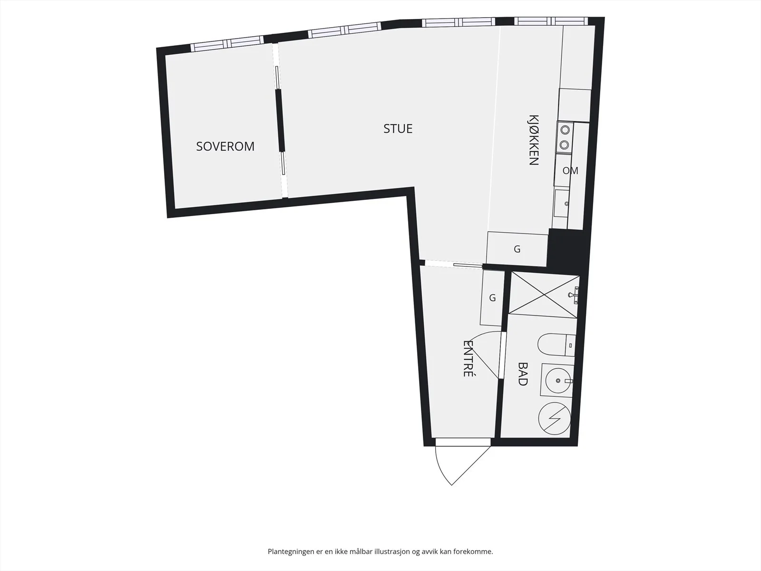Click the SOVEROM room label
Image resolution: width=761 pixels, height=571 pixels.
click(x=225, y=146)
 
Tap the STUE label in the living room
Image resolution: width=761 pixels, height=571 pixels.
click(x=398, y=128)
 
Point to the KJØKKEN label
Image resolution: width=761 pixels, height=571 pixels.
click(x=534, y=140)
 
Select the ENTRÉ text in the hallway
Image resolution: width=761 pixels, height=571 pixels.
click(x=468, y=358)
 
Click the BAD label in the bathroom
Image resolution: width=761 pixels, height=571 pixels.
click(x=522, y=374)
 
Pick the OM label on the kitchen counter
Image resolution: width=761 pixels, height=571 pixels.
click(x=570, y=170)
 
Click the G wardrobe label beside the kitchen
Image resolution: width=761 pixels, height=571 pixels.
click(x=517, y=249)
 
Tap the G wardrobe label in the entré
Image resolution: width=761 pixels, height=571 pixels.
click(x=492, y=298)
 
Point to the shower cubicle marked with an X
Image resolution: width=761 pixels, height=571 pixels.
click(x=544, y=295)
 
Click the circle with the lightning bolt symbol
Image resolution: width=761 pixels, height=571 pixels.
click(x=555, y=418)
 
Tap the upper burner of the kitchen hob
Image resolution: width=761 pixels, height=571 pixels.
click(x=565, y=130)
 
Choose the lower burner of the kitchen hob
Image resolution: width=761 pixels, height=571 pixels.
click(x=565, y=145)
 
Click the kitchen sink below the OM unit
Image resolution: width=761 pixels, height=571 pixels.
click(x=561, y=203)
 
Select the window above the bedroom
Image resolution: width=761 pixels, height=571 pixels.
click(x=227, y=43)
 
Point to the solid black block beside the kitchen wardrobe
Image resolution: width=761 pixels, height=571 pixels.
click(x=567, y=247)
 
